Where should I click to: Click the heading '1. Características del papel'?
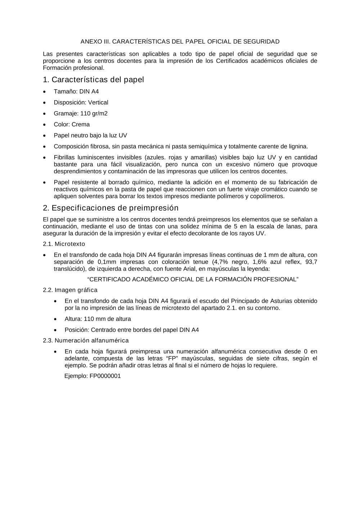(x=93, y=79)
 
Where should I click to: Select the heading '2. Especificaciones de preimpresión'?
(x=111, y=208)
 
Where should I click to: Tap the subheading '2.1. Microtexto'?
(x=64, y=244)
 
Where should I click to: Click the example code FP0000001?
(x=105, y=376)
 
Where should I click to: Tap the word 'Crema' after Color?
(x=81, y=124)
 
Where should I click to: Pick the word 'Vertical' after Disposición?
(x=98, y=103)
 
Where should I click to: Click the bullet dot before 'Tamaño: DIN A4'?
(x=44, y=92)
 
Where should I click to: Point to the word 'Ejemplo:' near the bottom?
(x=76, y=376)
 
